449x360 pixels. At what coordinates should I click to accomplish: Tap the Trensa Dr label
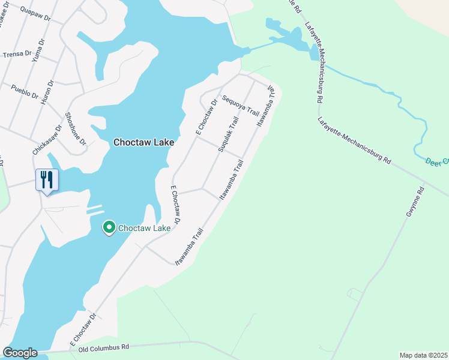point(17,54)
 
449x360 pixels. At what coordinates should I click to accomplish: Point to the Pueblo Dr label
point(25,91)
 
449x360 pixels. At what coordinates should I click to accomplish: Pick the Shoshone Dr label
point(76,128)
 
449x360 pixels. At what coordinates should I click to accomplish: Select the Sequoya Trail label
point(240,105)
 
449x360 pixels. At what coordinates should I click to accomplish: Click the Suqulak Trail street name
point(228,134)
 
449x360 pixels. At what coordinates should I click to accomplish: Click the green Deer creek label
point(436,161)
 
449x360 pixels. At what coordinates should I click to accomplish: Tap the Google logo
point(20,353)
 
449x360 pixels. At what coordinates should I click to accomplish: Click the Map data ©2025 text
point(423,355)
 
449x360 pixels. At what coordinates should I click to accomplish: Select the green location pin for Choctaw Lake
point(109,228)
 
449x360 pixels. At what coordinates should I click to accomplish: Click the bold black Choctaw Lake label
point(144,142)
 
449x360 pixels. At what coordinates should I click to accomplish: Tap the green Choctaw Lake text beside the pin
point(145,228)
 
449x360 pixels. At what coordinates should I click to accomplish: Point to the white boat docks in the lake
point(94,210)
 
